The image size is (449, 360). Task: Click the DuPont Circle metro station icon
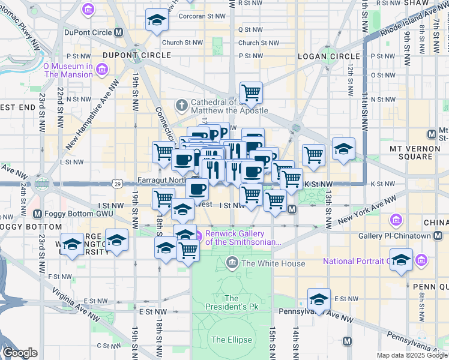click(119, 32)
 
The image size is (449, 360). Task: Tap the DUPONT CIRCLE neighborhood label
click(137, 55)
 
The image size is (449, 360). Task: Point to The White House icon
click(232, 262)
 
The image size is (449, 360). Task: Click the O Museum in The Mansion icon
click(101, 71)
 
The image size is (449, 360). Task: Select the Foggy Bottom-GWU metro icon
click(37, 214)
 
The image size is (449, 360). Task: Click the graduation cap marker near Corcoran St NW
click(157, 20)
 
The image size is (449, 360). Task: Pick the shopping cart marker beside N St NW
click(250, 92)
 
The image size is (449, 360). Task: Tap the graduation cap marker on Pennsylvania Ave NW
click(319, 299)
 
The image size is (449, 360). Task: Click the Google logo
click(20, 353)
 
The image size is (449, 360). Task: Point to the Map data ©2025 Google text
click(411, 355)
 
